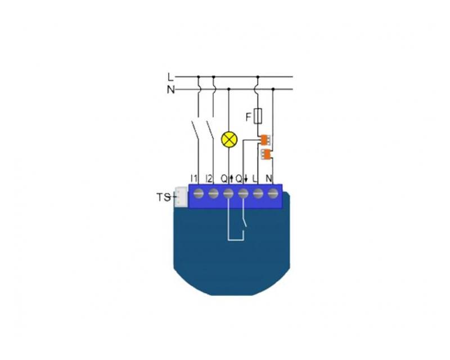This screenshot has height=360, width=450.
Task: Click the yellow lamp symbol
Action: tap(229, 139)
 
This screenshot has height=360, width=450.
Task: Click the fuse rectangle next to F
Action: tap(258, 116)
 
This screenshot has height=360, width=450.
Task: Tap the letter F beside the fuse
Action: tap(249, 117)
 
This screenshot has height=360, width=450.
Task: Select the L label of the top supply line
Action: tap(171, 77)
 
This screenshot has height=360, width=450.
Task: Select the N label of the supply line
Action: tap(171, 90)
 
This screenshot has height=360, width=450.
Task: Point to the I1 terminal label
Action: tap(194, 179)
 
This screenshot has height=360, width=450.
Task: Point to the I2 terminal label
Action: tap(209, 179)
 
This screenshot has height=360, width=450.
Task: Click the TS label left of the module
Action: tap(163, 197)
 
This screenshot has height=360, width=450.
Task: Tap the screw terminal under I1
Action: tap(199, 194)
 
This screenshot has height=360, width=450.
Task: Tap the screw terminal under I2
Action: tap(213, 194)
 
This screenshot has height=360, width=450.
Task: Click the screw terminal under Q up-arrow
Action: tap(228, 194)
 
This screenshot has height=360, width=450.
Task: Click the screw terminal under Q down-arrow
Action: tap(243, 194)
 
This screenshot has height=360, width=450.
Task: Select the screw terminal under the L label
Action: tap(258, 194)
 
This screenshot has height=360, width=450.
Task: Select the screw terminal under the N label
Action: tap(273, 194)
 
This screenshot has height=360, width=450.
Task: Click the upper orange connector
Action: tap(265, 140)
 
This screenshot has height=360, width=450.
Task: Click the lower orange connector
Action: tap(266, 155)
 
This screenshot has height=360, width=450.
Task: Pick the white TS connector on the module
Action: tap(181, 197)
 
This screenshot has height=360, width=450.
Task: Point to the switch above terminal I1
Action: tap(195, 130)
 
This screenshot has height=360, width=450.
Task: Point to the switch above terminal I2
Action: tap(210, 130)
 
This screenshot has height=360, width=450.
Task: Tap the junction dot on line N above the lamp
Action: tap(229, 89)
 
